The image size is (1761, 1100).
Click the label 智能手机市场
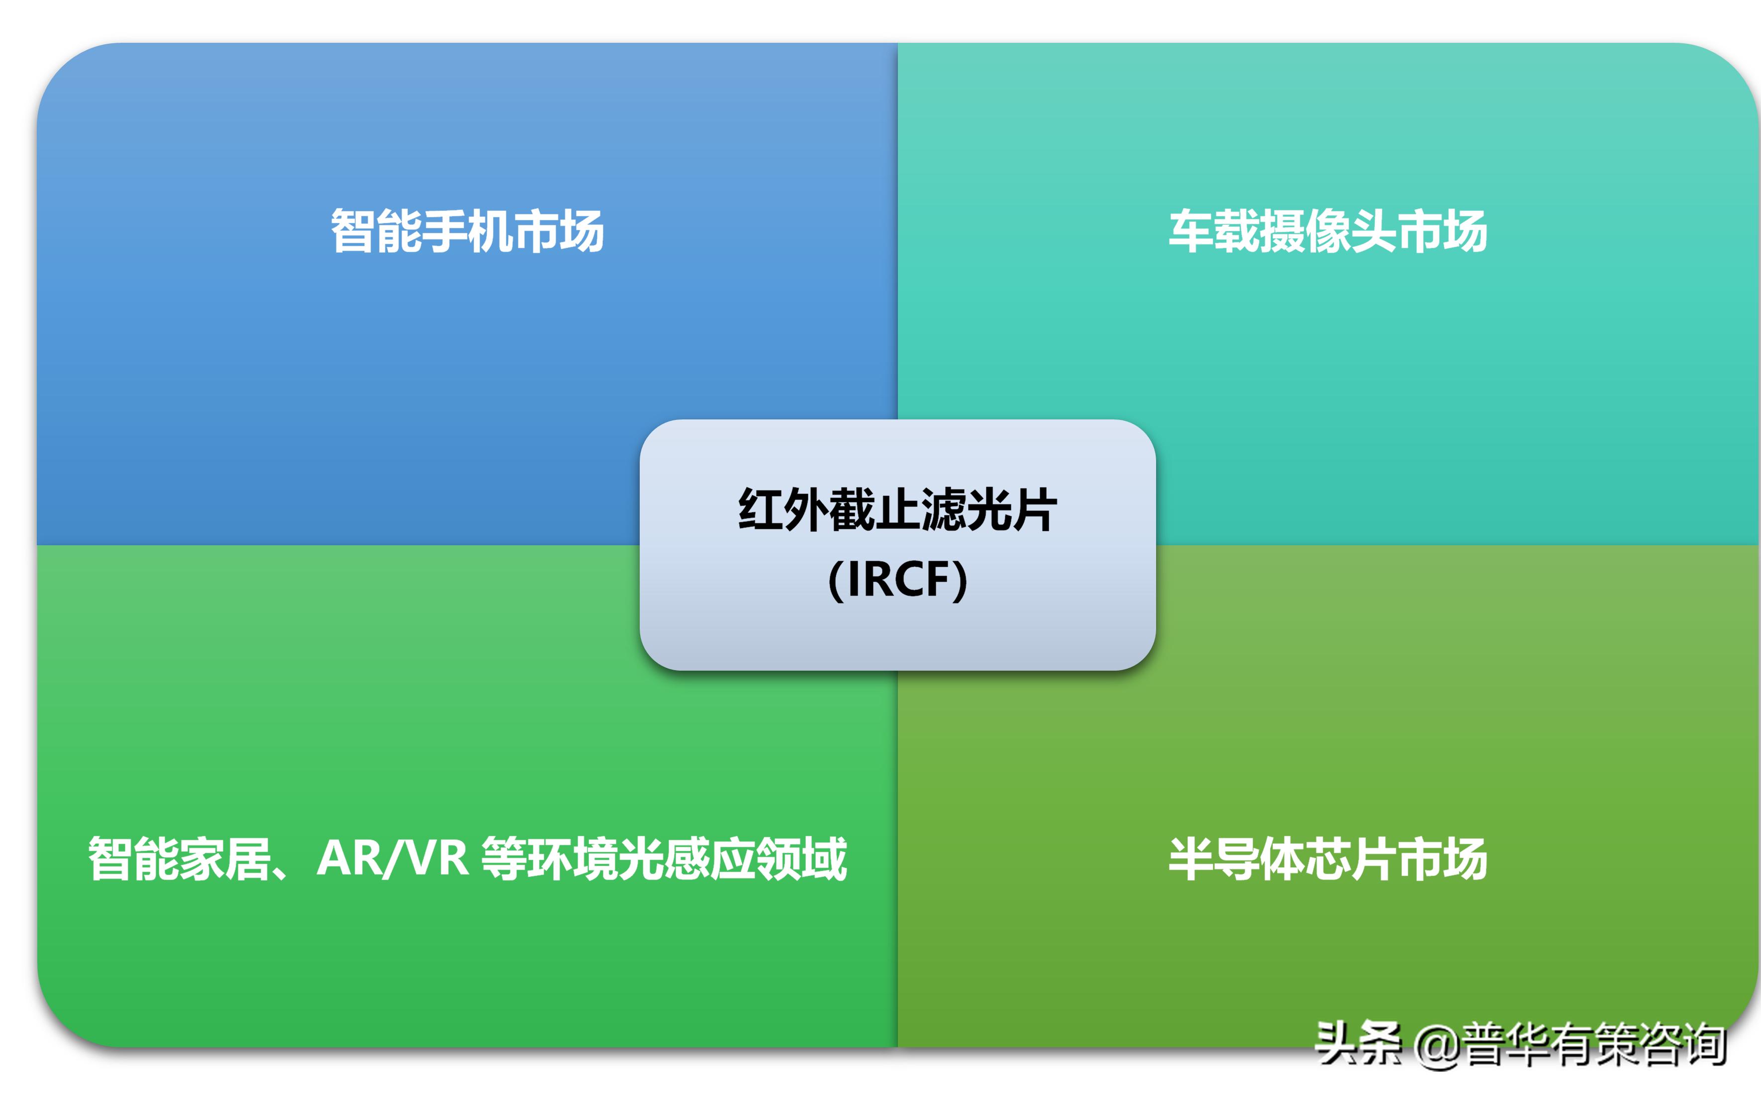click(467, 231)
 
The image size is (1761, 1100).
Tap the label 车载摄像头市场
click(1328, 231)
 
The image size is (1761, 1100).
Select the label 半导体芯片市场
click(1328, 859)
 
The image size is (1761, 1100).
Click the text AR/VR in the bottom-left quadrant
click(393, 859)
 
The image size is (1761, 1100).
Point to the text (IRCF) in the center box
click(897, 580)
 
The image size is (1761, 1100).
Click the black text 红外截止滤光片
click(897, 510)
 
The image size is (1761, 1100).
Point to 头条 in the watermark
click(1358, 1044)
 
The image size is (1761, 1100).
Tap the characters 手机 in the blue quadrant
click(467, 231)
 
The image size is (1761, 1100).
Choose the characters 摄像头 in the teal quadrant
click(1328, 231)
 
